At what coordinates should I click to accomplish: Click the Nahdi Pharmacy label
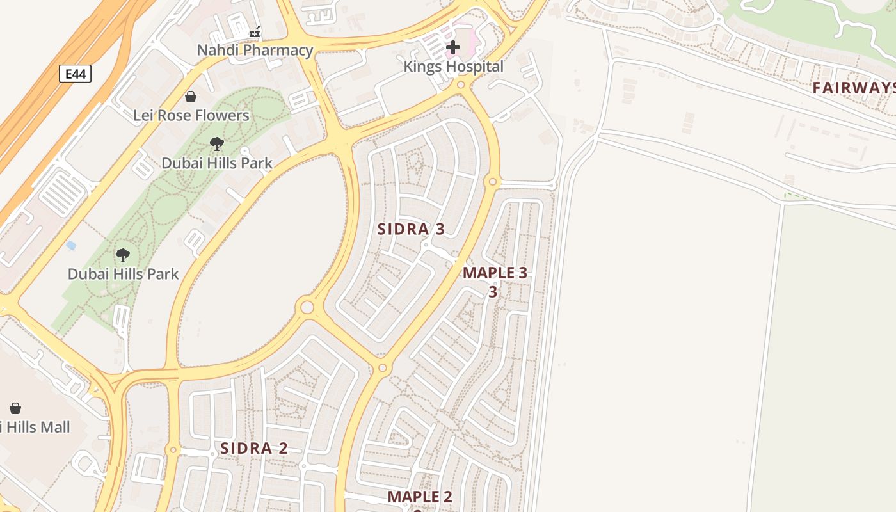click(x=255, y=50)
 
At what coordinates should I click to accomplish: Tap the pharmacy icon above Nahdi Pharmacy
click(x=255, y=32)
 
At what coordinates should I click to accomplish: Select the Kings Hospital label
click(x=453, y=66)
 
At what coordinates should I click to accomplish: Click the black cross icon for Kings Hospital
click(x=453, y=47)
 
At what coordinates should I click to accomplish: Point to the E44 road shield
click(x=76, y=74)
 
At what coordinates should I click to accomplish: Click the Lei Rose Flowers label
click(x=191, y=115)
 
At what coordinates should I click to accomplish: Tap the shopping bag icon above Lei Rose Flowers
click(x=191, y=97)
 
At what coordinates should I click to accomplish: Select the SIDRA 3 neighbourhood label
click(x=410, y=229)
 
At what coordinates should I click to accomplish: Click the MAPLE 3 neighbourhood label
click(x=495, y=273)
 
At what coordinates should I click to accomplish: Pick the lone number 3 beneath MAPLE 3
click(x=493, y=292)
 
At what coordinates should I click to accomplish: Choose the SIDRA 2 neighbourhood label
click(x=253, y=448)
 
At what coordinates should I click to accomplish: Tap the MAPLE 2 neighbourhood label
click(x=420, y=497)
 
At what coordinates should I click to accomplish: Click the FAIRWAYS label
click(x=854, y=88)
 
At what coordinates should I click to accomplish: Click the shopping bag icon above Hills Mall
click(x=15, y=408)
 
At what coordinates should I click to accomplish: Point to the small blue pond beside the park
click(x=71, y=246)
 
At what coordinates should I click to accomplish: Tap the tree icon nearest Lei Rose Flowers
click(x=217, y=144)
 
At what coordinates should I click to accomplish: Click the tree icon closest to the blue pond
click(x=123, y=255)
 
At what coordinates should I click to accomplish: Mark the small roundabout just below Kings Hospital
click(x=461, y=84)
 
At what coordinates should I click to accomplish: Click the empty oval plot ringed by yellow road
click(x=262, y=256)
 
